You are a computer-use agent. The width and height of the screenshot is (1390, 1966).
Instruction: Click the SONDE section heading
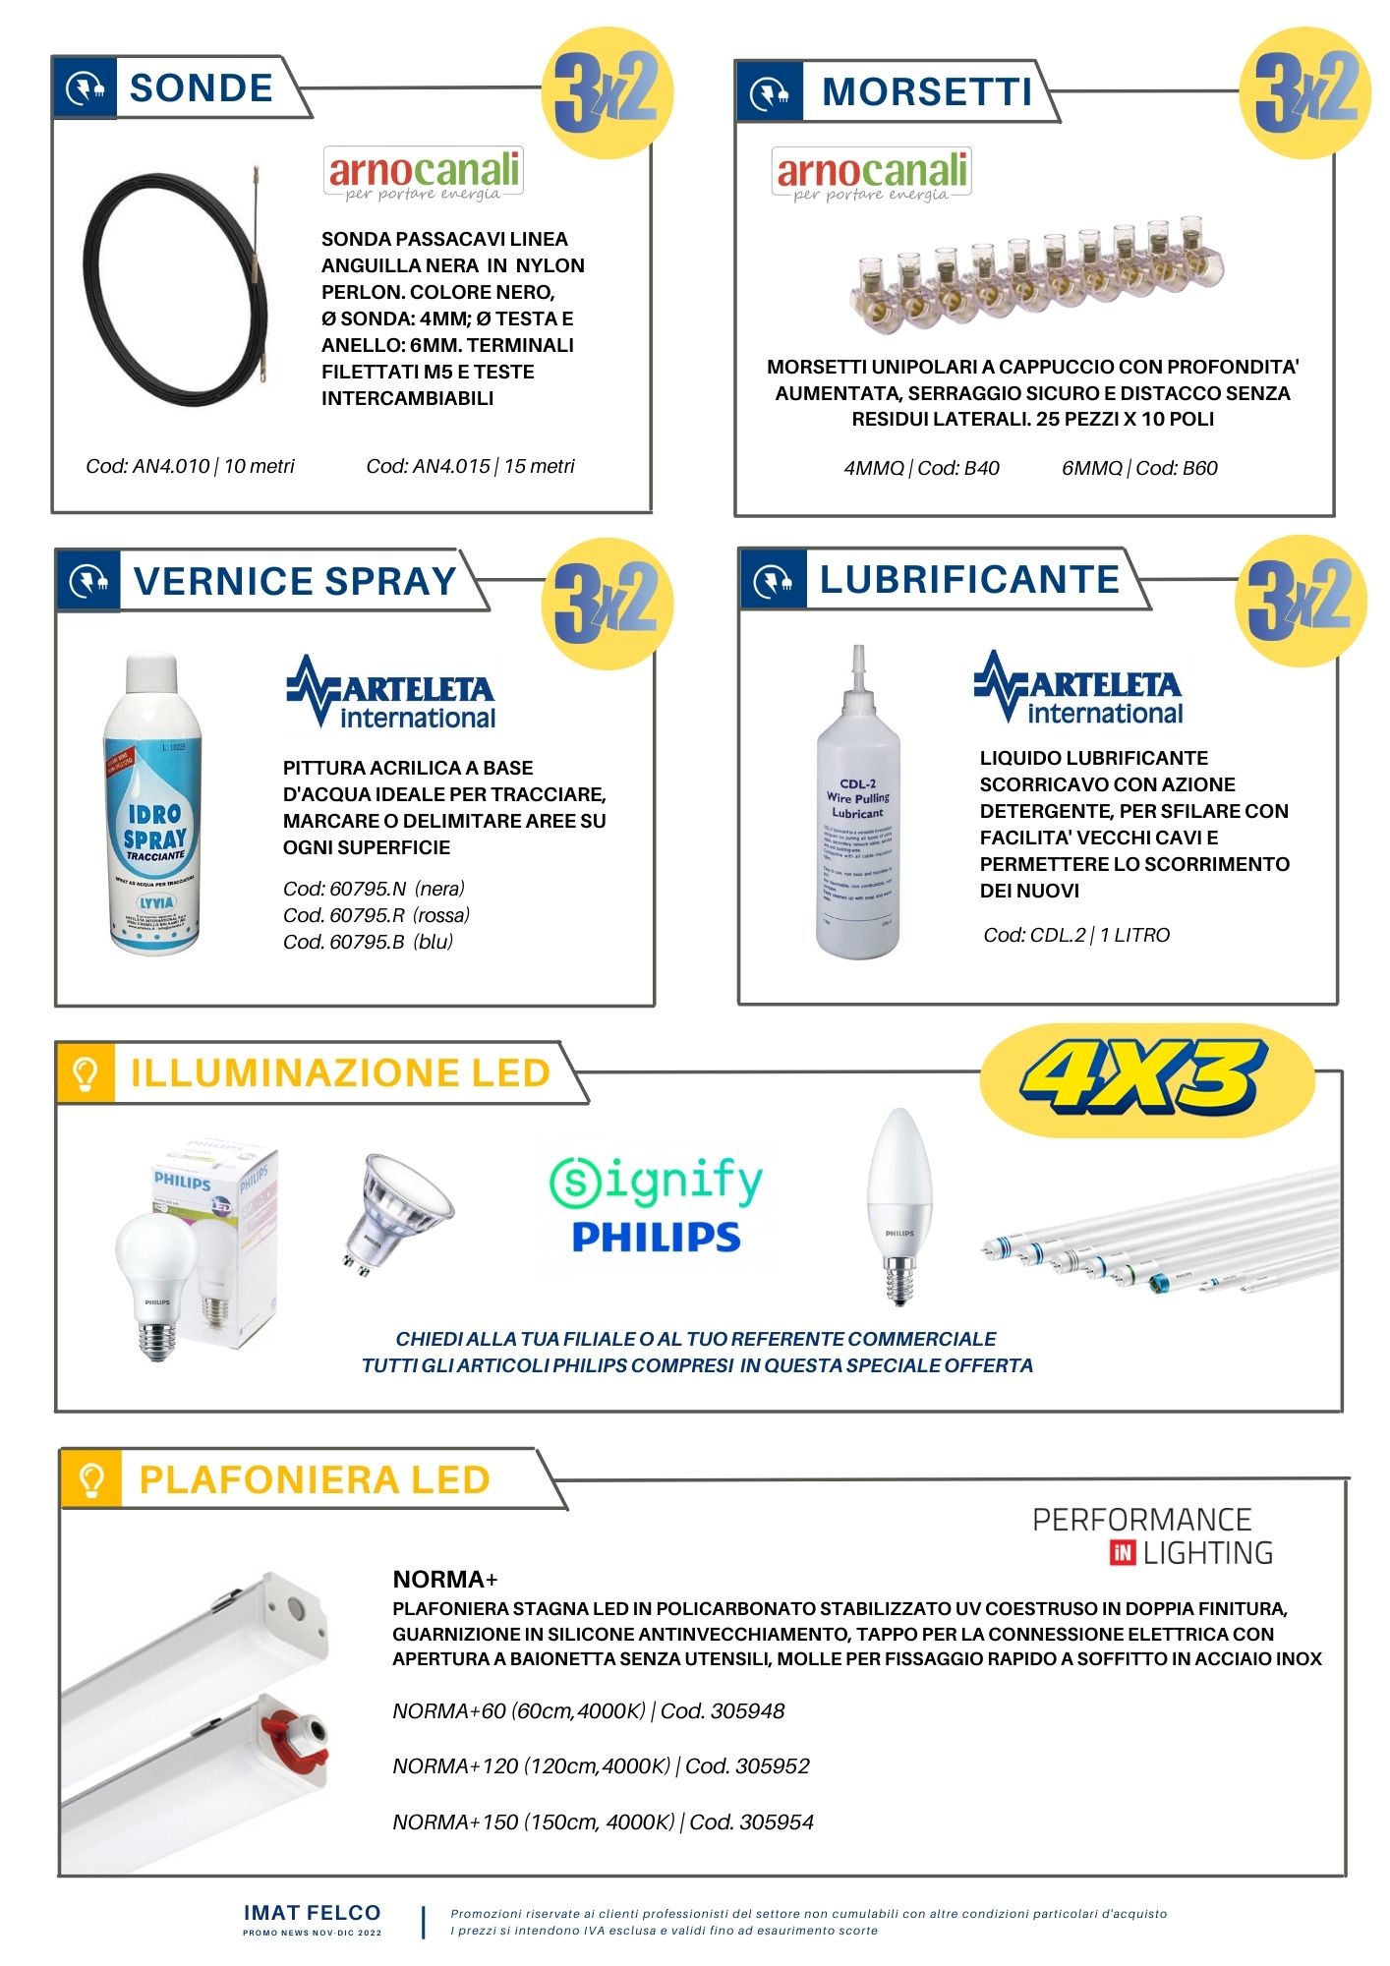(201, 88)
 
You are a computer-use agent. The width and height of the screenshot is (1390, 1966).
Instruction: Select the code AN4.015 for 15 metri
(470, 466)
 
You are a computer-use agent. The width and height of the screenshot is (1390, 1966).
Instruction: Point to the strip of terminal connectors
(1036, 277)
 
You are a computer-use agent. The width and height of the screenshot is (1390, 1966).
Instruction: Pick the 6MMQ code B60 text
(1138, 468)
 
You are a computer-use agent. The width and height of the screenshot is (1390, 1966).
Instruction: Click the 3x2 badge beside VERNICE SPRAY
(606, 602)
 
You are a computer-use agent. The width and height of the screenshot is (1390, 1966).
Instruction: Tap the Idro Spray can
(154, 806)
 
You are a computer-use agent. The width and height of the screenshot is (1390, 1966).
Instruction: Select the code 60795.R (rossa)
(376, 915)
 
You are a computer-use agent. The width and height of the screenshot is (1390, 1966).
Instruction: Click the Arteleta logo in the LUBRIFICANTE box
(1077, 688)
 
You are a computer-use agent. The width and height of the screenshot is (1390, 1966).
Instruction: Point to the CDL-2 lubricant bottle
(857, 816)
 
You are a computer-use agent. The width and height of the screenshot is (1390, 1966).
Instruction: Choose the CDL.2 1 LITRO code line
(1076, 935)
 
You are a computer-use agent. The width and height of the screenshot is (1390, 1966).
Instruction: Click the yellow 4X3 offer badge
(1145, 1078)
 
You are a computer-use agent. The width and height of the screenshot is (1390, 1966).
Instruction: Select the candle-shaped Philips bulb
(898, 1204)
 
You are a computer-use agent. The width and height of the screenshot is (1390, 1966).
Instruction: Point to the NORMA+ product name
(444, 1580)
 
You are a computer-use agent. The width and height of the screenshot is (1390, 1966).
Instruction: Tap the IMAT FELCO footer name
(312, 1913)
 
